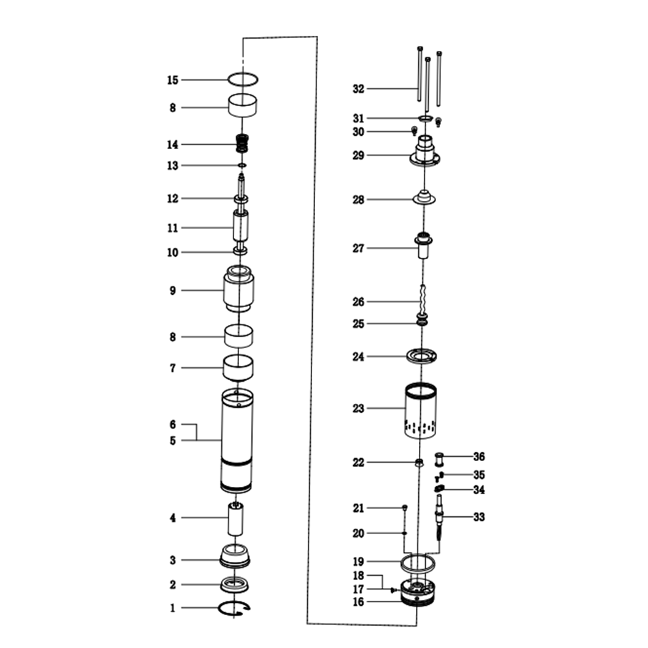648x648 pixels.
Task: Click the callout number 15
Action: click(x=173, y=80)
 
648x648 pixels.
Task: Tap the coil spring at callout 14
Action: click(x=243, y=143)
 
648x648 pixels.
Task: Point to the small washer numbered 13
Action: click(x=242, y=165)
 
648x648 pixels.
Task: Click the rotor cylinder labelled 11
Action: click(x=241, y=226)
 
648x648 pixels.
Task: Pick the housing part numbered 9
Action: click(x=239, y=289)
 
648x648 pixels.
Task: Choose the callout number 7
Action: click(x=173, y=368)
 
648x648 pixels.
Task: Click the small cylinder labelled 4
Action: click(x=236, y=519)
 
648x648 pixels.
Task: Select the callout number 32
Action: click(x=358, y=89)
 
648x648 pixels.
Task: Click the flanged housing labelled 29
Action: click(x=425, y=151)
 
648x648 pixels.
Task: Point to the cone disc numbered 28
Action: click(x=424, y=197)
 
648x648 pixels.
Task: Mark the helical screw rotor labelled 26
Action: click(x=422, y=301)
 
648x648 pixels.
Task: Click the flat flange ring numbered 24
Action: click(x=421, y=357)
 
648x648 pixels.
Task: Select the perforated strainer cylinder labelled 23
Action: click(x=420, y=410)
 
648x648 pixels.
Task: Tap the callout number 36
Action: click(x=479, y=457)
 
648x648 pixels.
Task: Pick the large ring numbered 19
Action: click(x=418, y=571)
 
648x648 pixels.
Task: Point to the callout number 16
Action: click(x=358, y=602)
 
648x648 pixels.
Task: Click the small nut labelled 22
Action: click(x=419, y=462)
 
